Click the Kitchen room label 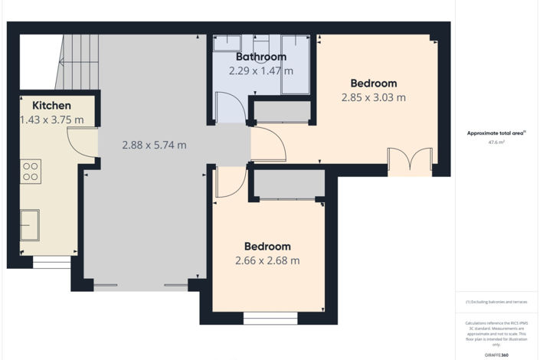tap(51, 106)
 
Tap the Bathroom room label tap(260, 57)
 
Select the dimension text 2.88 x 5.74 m tap(154, 145)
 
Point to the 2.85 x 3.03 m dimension tap(373, 97)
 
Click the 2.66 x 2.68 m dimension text tap(267, 260)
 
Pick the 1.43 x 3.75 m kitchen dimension tap(51, 119)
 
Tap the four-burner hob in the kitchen tap(31, 170)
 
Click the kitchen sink tap(30, 224)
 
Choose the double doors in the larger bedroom tap(409, 162)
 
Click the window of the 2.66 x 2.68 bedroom tap(270, 317)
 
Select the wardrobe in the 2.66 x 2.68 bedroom tap(288, 185)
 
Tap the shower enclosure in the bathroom tap(295, 65)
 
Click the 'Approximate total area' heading tap(496, 133)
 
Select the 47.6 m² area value tap(496, 142)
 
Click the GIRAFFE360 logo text tap(496, 355)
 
